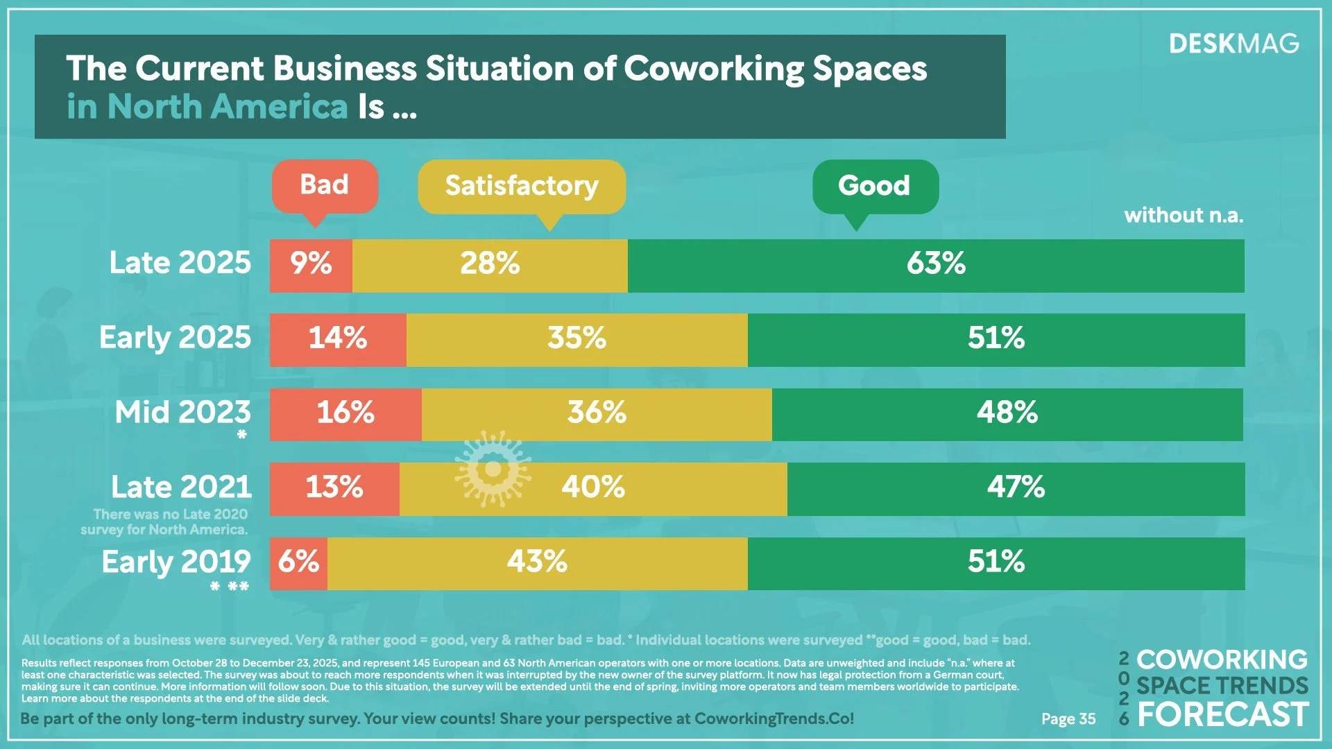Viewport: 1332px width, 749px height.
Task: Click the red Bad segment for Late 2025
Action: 311,266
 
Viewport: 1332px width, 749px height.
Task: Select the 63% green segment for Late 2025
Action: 935,266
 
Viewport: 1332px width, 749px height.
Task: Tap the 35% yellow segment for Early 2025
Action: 577,340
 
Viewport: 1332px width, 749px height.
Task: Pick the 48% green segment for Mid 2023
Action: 1007,414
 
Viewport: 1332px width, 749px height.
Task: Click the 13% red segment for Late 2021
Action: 334,489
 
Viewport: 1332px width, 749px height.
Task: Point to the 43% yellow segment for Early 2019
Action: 537,563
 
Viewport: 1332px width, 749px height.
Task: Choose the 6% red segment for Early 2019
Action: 298,563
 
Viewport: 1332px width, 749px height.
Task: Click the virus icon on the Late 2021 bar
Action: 493,470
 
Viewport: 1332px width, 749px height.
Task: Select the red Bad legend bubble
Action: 324,186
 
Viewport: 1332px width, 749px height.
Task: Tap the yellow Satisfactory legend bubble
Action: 522,186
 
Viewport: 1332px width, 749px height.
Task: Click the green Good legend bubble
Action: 874,186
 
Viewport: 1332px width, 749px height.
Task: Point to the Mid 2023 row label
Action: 182,413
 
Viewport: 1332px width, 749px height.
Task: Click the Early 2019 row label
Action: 176,562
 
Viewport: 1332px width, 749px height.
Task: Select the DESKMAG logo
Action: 1233,44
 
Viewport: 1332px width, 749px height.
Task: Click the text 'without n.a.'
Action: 1184,216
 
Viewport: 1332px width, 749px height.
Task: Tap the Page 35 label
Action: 1068,719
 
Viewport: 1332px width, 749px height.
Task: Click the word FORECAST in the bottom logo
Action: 1222,715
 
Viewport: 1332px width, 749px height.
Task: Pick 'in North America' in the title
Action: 207,107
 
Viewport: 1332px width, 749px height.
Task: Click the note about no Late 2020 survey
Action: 165,522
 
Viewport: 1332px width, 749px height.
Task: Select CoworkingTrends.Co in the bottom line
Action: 774,718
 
